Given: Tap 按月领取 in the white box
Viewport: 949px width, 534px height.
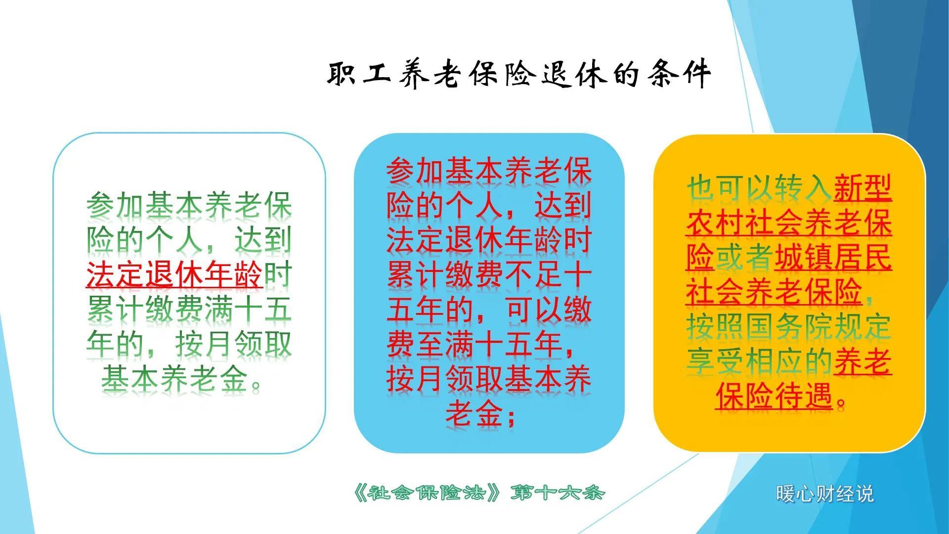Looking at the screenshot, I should (x=233, y=345).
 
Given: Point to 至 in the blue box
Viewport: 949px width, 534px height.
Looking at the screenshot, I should (x=430, y=345).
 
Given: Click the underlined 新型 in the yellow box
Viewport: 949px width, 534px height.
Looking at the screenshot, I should (x=863, y=189).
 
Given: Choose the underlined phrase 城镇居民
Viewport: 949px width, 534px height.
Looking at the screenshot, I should (x=833, y=258).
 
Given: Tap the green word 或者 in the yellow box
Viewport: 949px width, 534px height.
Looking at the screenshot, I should (x=744, y=258).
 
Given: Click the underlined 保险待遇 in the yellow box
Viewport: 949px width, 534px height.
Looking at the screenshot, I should (x=774, y=396).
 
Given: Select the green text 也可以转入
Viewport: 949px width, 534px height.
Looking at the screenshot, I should (x=759, y=189).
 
